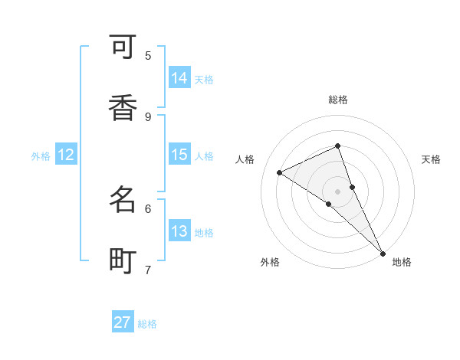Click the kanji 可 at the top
pos(123,47)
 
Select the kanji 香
pos(123,107)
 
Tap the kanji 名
pos(123,200)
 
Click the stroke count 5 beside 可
pos(148,55)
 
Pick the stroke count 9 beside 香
pos(148,116)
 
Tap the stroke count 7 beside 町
pos(148,270)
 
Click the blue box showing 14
pos(179,77)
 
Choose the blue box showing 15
pos(179,155)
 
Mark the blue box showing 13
pos(179,231)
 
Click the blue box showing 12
pos(66,155)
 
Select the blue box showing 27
pos(123,322)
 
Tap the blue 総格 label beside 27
pos(147,324)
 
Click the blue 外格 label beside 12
pos(41,156)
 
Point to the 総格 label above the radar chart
pos(338,100)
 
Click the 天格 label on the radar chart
pos(431,159)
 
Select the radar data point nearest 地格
pos(383,252)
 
